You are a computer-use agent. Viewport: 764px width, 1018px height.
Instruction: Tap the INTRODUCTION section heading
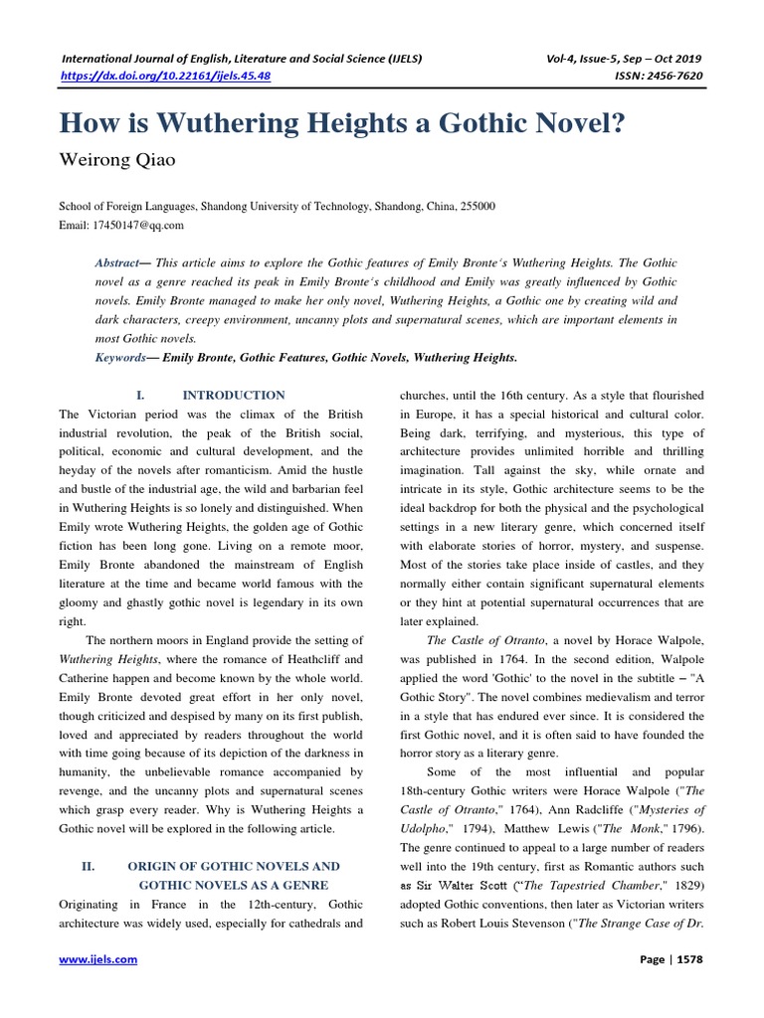coord(236,396)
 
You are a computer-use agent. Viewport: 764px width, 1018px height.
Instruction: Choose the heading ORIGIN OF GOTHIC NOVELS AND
coord(239,867)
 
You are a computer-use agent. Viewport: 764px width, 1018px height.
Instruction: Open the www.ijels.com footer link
coord(98,959)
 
